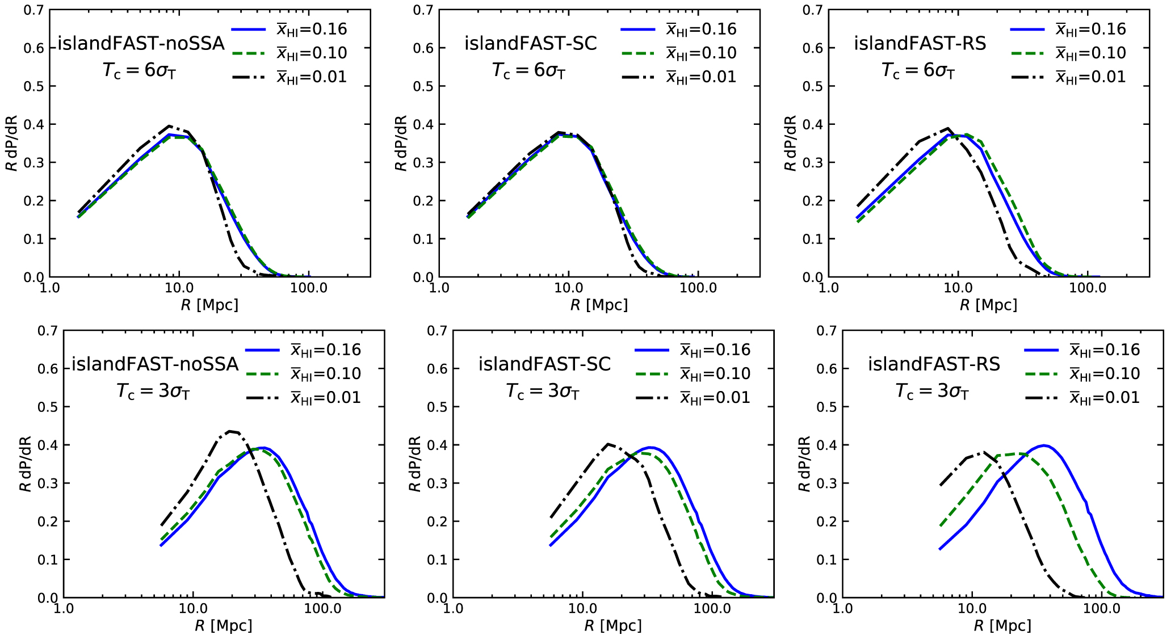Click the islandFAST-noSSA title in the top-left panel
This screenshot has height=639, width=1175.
[x=141, y=43]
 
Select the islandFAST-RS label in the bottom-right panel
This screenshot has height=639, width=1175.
[x=934, y=364]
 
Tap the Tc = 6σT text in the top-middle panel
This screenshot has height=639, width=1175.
[x=528, y=71]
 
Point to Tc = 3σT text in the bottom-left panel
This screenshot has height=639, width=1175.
[x=153, y=392]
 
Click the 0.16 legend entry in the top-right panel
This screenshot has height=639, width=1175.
[x=1090, y=30]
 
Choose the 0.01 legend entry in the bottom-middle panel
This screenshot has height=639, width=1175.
[x=715, y=397]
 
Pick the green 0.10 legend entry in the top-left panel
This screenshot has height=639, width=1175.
[x=312, y=53]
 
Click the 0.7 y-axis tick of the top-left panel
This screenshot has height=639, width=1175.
[x=33, y=10]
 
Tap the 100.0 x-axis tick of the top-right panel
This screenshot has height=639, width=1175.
[x=1087, y=288]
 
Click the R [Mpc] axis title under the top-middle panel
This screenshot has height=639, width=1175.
[x=599, y=305]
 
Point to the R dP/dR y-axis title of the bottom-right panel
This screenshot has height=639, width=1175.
[x=804, y=464]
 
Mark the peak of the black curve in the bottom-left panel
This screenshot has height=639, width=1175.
[x=230, y=431]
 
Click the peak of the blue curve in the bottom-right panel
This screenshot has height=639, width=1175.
[x=1043, y=445]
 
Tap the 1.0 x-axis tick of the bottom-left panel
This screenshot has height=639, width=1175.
[x=63, y=608]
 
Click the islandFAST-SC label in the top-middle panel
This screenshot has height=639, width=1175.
[x=531, y=43]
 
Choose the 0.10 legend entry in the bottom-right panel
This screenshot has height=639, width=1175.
[x=1105, y=373]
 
